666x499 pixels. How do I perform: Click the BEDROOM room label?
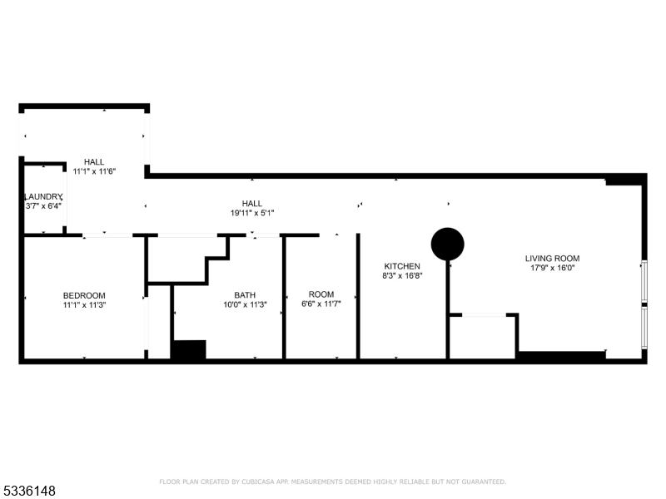84,295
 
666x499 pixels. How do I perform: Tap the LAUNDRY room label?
43,196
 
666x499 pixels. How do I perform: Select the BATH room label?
245,295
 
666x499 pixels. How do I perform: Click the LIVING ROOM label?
552,258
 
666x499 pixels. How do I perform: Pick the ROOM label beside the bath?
321,294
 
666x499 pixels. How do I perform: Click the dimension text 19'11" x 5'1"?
252,213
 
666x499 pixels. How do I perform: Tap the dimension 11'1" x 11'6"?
94,171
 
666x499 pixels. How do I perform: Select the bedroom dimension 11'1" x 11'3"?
84,305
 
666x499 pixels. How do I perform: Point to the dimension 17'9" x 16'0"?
553,268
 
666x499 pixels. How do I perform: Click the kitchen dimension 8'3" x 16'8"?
402,276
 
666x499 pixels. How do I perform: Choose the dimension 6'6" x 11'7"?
321,304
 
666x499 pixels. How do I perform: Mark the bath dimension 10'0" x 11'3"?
245,305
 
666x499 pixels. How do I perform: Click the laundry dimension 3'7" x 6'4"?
44,206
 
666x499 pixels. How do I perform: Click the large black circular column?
447,244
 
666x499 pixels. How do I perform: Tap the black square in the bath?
188,350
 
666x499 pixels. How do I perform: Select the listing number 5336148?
29,491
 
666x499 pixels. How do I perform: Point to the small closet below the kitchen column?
482,338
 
